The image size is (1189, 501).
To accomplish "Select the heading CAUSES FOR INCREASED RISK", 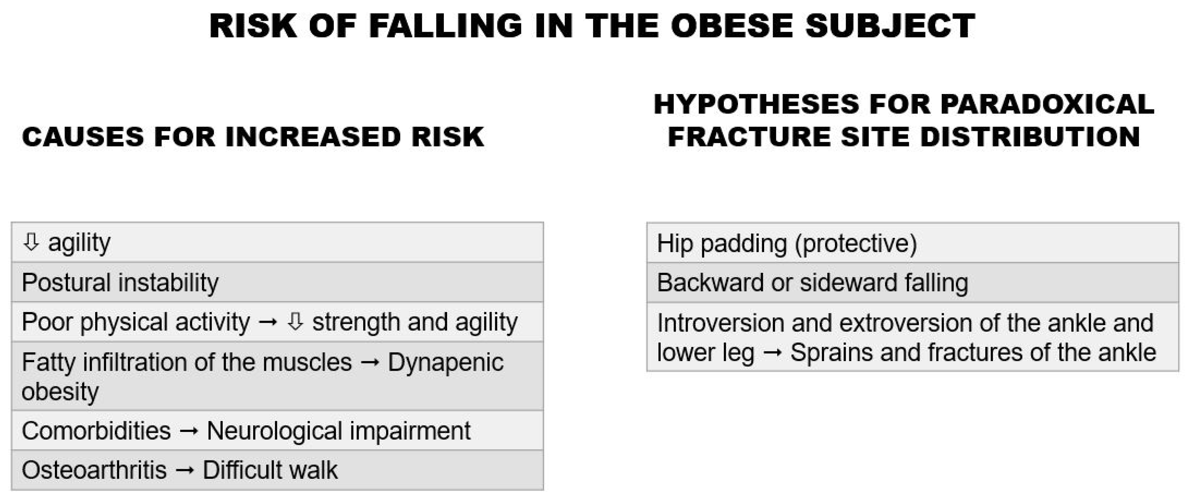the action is tap(253, 137).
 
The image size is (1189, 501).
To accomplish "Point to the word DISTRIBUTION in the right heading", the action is tap(1030, 137).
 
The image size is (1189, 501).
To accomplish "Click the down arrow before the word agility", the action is tap(31, 242).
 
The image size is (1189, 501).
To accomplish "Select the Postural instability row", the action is tap(278, 282).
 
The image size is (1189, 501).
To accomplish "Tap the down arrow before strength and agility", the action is tap(295, 322).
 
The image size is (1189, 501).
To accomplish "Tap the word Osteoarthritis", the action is tap(94, 470).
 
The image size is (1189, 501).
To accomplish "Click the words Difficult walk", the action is tap(270, 470).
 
